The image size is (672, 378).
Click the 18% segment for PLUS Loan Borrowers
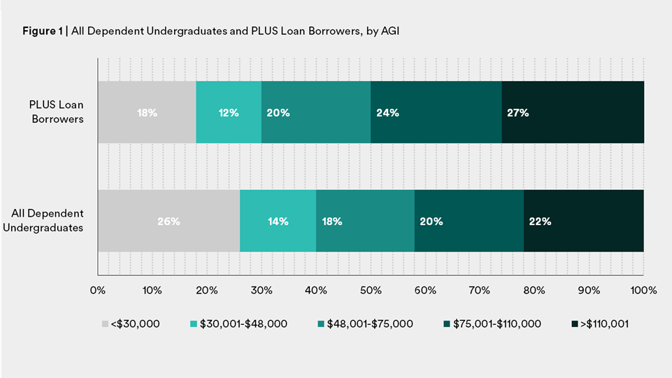[147, 112]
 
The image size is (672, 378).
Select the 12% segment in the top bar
[229, 112]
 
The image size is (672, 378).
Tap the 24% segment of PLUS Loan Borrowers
[436, 112]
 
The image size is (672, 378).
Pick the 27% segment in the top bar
[573, 112]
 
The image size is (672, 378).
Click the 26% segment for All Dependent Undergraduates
[169, 221]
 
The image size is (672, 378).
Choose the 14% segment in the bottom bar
[278, 221]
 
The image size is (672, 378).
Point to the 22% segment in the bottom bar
[583, 221]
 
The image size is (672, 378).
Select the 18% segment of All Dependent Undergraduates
[365, 221]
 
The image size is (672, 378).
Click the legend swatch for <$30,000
[106, 324]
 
